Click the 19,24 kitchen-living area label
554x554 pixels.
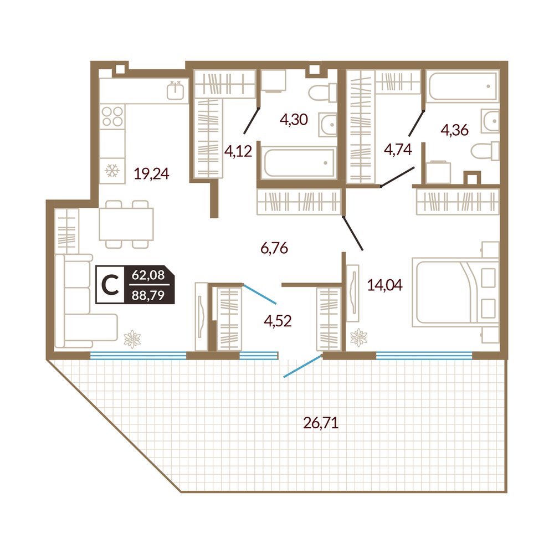[152, 173]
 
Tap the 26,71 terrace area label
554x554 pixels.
[321, 422]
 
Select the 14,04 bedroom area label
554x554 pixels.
[385, 285]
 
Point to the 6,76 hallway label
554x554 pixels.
[274, 248]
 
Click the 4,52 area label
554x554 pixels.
[278, 321]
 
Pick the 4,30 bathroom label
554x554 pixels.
[294, 120]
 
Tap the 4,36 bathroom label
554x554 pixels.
[455, 130]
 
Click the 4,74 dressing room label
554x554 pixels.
[398, 150]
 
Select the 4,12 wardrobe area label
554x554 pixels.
[238, 152]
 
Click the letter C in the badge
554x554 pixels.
[110, 285]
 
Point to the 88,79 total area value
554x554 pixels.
[148, 295]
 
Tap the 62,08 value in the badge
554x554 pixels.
[148, 275]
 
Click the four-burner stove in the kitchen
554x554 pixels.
[112, 116]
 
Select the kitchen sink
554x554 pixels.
[175, 90]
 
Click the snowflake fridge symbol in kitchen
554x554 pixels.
[112, 171]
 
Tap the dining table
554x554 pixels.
[126, 224]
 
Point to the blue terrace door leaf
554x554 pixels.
[302, 366]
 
